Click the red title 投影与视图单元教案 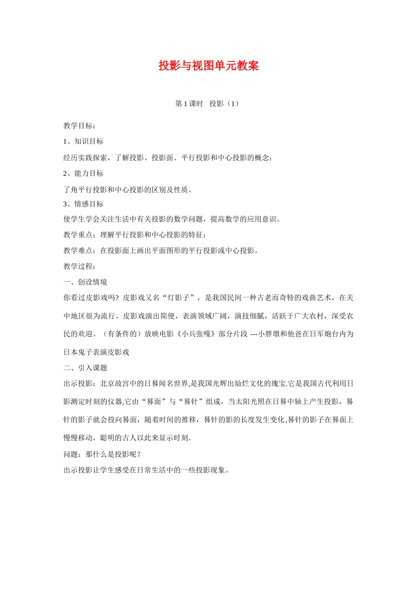[208, 66]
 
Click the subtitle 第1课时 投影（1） [207, 104]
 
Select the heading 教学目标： [80, 126]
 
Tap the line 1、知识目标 [83, 141]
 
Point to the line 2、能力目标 [83, 173]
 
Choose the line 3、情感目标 [83, 204]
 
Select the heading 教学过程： [80, 266]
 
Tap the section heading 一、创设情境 [85, 282]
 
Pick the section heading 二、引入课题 [85, 368]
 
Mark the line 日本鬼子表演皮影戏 [97, 352]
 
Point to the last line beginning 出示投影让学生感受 [147, 470]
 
